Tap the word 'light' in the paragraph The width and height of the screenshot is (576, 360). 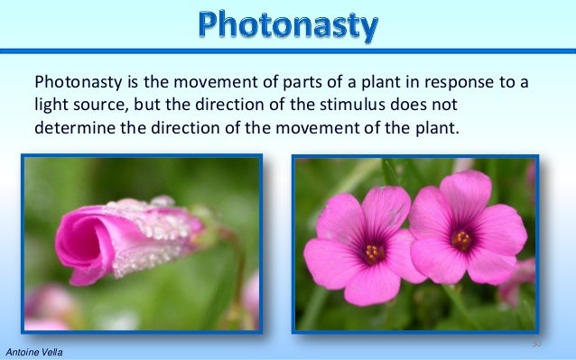[51, 106]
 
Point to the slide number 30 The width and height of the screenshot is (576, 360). [535, 344]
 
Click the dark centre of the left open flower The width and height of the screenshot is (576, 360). [373, 252]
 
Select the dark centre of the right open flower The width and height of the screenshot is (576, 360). [462, 240]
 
